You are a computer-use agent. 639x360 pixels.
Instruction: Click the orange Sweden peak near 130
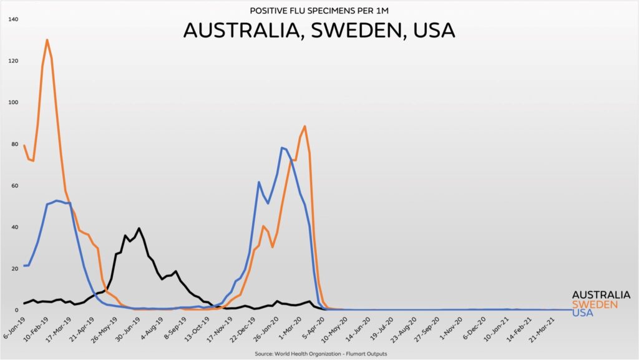click(x=47, y=41)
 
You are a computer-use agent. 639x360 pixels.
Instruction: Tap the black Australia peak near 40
click(x=139, y=228)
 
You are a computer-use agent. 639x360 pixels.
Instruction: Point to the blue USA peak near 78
click(x=282, y=148)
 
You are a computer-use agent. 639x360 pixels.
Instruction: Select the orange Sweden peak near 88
click(x=305, y=127)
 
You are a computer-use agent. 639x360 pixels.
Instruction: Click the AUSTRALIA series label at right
click(x=601, y=294)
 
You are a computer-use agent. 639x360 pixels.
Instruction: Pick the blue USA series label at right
click(x=582, y=313)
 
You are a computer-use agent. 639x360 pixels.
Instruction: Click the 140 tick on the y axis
click(x=13, y=19)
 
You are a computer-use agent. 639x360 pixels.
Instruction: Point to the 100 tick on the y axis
click(x=13, y=102)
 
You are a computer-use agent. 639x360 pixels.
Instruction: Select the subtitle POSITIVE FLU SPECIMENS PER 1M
click(x=319, y=11)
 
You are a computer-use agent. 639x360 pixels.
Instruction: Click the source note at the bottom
click(x=319, y=354)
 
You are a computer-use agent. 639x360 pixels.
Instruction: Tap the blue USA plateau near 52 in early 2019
click(x=57, y=201)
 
